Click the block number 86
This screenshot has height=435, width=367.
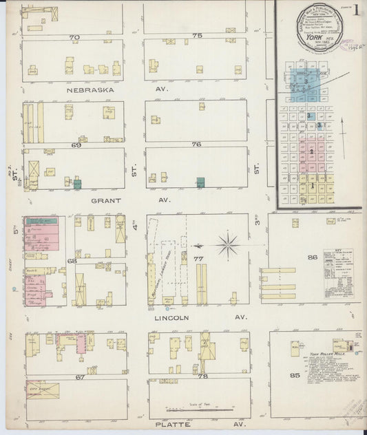tap(313, 257)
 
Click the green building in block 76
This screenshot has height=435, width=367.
tap(200, 182)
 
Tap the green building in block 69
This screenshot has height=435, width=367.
tap(78, 184)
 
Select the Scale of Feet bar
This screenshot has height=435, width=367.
tap(204, 410)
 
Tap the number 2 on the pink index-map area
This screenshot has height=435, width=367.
tap(311, 151)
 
